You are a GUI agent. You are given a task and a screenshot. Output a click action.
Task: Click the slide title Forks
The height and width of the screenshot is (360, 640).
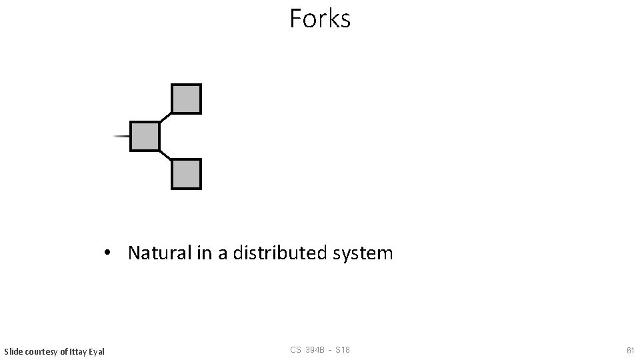tap(320, 19)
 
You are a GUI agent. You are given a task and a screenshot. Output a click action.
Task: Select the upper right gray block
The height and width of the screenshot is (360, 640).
tap(186, 99)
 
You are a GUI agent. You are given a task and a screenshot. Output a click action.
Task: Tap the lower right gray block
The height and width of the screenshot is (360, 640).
tap(186, 173)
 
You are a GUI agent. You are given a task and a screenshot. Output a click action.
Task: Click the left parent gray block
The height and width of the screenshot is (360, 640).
tap(145, 136)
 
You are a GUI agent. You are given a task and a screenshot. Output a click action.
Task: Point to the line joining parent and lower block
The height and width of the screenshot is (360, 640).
tap(165, 155)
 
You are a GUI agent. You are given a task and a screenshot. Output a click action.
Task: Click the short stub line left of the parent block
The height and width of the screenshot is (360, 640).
tap(121, 136)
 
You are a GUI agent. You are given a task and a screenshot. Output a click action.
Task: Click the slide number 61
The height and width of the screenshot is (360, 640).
tap(630, 350)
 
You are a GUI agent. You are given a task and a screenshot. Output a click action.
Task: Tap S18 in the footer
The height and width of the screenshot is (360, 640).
tap(343, 350)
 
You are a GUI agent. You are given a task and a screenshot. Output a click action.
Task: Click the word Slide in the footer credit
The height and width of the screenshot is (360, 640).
tap(13, 351)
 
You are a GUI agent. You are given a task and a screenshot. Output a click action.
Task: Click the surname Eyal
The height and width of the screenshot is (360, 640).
tap(97, 351)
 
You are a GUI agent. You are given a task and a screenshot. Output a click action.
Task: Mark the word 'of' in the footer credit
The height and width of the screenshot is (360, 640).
tap(63, 351)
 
